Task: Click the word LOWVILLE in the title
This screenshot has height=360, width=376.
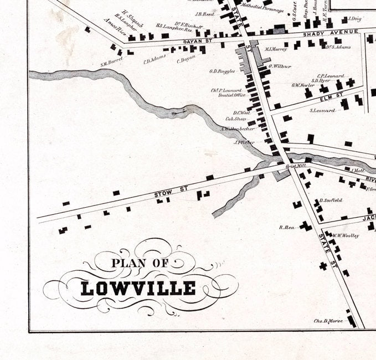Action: click(x=138, y=288)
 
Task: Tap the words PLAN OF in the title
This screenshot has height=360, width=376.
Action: click(x=140, y=263)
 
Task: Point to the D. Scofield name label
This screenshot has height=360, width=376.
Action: click(x=331, y=200)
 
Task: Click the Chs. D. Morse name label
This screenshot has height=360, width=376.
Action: click(x=329, y=320)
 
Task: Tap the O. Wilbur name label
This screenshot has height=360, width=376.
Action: click(x=280, y=66)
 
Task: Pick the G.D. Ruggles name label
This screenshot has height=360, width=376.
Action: click(x=222, y=71)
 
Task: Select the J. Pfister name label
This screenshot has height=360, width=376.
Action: click(x=244, y=142)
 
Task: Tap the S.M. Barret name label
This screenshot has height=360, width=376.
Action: click(x=111, y=64)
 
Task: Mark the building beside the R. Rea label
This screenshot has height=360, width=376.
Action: click(x=306, y=226)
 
